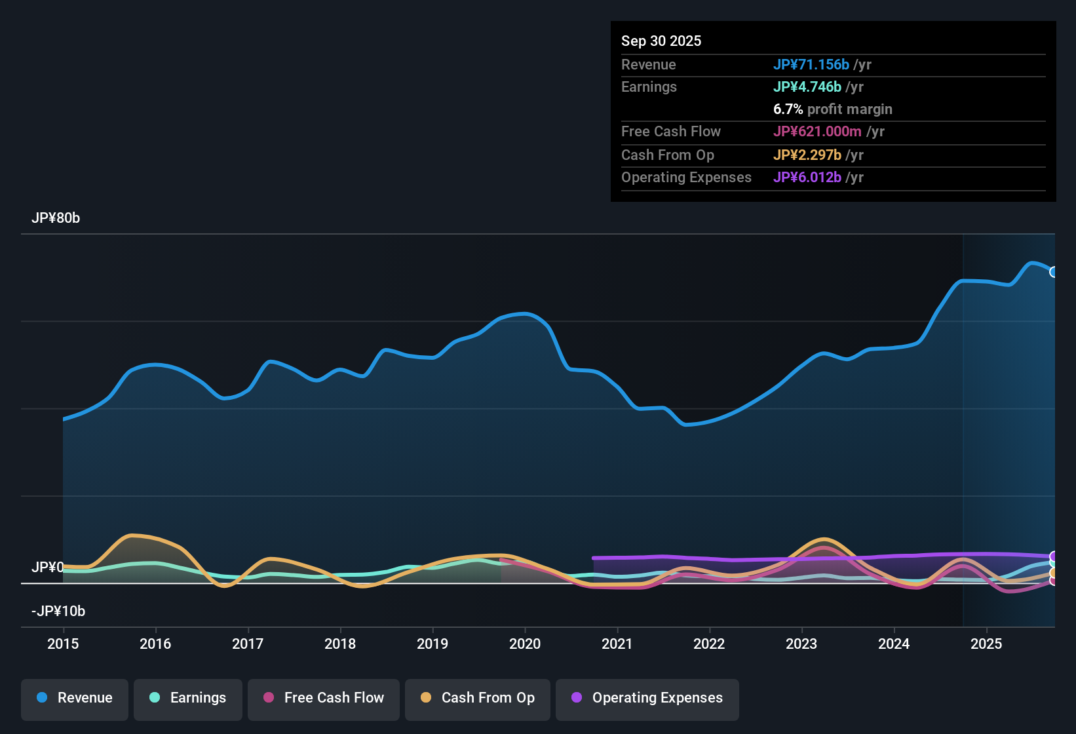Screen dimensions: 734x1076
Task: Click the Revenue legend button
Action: [x=74, y=698]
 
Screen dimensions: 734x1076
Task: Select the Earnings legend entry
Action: [x=187, y=698]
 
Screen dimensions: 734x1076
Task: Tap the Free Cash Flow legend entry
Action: [x=323, y=698]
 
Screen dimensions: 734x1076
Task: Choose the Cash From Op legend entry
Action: [x=477, y=698]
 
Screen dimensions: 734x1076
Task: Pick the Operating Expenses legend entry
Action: [x=647, y=698]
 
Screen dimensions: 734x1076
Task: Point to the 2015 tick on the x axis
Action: [x=63, y=644]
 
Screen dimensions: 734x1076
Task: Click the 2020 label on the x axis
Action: [x=525, y=644]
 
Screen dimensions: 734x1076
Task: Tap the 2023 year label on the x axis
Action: [x=801, y=644]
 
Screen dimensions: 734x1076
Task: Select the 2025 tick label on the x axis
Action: [x=986, y=644]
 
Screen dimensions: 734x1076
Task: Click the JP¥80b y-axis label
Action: [x=56, y=218]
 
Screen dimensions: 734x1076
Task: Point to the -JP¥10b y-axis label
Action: [x=58, y=611]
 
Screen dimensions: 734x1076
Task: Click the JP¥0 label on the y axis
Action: [x=47, y=568]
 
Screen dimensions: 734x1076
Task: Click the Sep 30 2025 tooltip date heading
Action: [x=661, y=41]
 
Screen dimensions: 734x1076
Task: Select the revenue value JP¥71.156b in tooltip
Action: [x=811, y=64]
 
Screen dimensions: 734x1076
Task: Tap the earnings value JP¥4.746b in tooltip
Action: [x=807, y=87]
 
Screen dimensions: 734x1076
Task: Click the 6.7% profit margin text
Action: [x=832, y=109]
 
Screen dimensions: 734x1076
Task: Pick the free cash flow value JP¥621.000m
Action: [x=817, y=132]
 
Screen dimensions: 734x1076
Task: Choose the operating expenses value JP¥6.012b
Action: [x=807, y=178]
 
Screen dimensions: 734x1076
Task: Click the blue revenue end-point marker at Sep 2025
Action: [x=1054, y=272]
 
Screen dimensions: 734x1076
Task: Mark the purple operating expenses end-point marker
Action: [x=1054, y=556]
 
